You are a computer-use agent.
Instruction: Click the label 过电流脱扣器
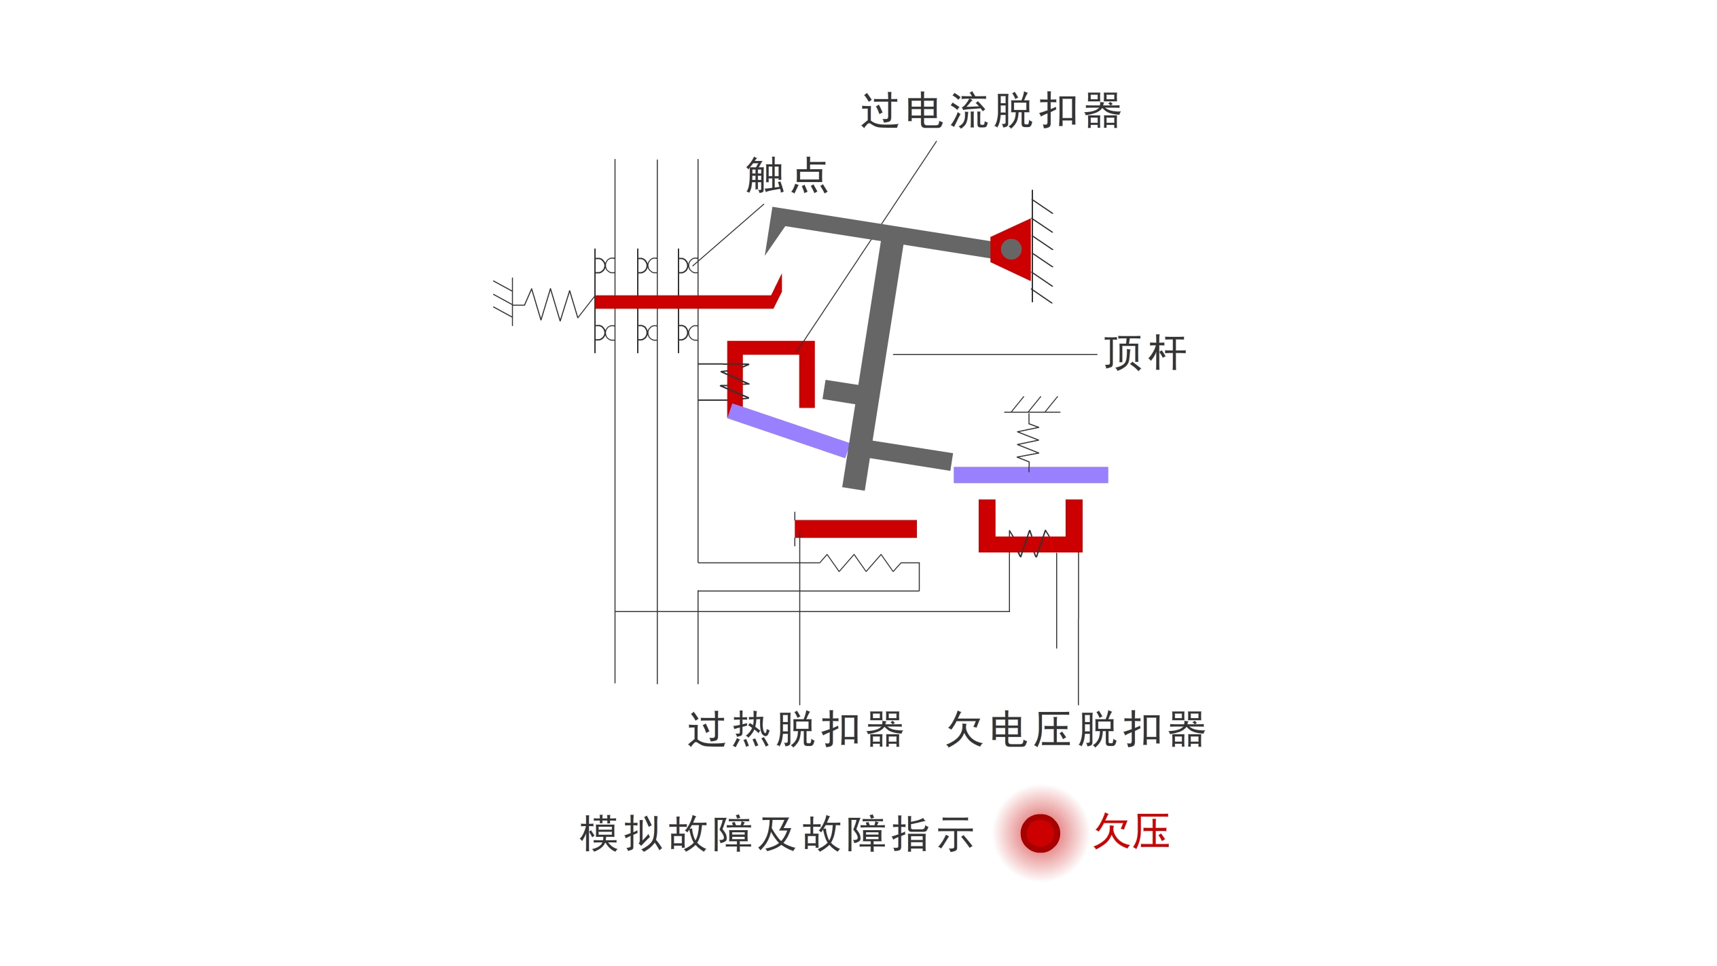coord(991,111)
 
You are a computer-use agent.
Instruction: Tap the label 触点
coord(787,175)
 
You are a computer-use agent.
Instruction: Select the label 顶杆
coord(1145,353)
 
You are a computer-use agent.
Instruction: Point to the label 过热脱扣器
coord(795,730)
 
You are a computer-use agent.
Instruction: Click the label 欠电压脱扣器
coord(1075,730)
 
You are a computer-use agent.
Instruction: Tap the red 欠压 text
coord(1132,831)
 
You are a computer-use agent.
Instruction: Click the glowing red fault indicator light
coord(1040,833)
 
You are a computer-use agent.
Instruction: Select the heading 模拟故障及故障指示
coord(777,834)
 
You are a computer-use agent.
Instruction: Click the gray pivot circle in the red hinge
coord(1011,249)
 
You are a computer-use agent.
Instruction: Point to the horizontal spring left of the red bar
coord(554,304)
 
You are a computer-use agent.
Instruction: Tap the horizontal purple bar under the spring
coord(1030,475)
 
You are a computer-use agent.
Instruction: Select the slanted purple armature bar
coord(788,431)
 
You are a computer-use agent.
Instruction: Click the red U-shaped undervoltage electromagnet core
coord(1030,543)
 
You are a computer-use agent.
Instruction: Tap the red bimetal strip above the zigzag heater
coord(855,529)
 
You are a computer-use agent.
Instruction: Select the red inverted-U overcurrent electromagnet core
coord(771,373)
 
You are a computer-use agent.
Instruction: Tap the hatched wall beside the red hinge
coord(1041,246)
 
